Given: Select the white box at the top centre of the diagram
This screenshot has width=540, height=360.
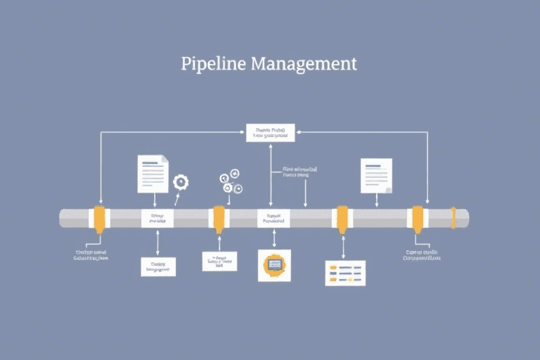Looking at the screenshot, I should tap(270, 132).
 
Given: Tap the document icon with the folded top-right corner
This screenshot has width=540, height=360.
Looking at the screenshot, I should tap(153, 173).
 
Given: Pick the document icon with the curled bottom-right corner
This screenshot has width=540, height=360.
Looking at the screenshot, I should tap(376, 176).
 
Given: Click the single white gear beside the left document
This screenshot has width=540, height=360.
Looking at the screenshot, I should tap(181, 182).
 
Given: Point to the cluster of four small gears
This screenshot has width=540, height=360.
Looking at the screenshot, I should tap(231, 181).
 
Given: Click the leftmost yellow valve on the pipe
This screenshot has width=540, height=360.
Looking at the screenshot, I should tap(99, 218).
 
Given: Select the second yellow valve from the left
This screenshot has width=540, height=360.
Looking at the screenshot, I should tap(219, 218).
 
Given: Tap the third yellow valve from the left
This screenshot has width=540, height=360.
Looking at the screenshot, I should tap(342, 218).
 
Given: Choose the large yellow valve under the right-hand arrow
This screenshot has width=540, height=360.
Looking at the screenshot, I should tap(418, 218).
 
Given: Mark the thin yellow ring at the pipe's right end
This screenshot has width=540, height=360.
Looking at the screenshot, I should tap(454, 218).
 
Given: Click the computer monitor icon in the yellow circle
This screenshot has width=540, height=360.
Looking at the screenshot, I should tap(274, 265).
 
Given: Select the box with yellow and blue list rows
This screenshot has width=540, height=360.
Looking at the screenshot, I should tap(345, 273).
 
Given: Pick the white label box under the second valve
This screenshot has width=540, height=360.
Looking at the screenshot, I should tap(219, 262).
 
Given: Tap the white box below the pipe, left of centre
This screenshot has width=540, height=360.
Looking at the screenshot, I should tap(158, 266).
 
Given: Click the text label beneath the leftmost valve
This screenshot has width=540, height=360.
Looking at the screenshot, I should tap(91, 255).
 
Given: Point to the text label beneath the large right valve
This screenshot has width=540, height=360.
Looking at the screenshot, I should tap(422, 255).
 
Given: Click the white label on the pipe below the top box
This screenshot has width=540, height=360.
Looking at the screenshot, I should tap(274, 219).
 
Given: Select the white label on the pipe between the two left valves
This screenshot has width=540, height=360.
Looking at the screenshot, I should tap(157, 219).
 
